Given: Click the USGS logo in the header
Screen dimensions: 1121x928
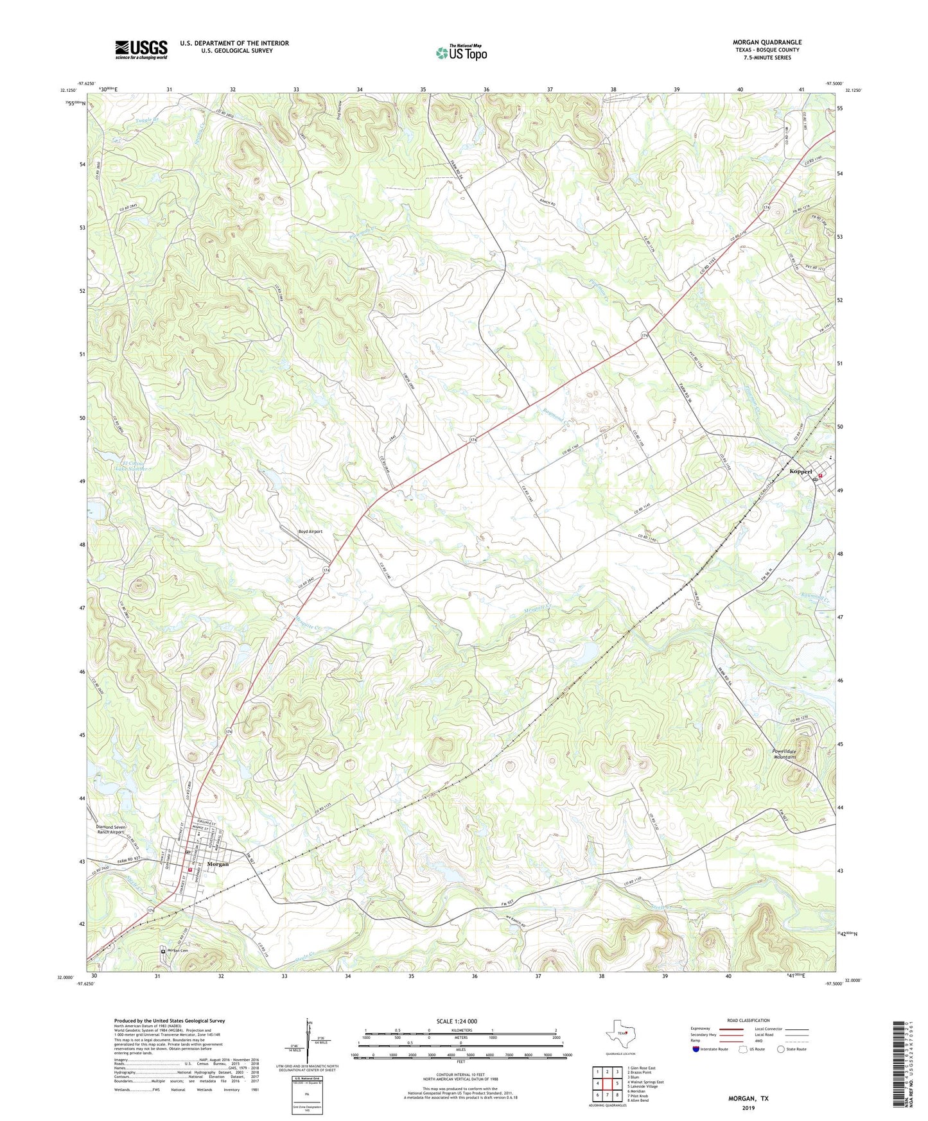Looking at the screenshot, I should click(x=141, y=49).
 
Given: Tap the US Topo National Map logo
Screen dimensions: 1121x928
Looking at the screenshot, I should click(x=461, y=53).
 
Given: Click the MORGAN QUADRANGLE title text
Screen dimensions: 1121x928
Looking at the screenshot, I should click(x=767, y=42).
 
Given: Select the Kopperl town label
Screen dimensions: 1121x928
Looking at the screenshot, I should click(x=801, y=471).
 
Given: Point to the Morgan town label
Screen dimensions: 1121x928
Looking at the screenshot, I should click(x=218, y=864).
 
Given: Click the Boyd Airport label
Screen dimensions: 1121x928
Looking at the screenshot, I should click(x=310, y=532).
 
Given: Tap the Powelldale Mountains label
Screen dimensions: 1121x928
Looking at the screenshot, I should click(x=784, y=754).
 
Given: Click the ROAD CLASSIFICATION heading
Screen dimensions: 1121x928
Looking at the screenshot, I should click(x=748, y=1020).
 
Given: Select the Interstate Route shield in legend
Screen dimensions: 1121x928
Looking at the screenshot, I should click(x=697, y=1049).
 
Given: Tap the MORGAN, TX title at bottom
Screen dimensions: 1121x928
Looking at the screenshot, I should click(x=748, y=1099).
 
